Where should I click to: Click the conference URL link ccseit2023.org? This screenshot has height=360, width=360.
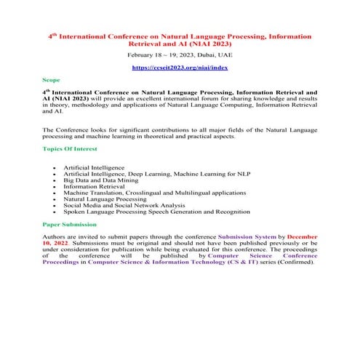coord(180,66)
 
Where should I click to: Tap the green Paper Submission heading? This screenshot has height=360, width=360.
coord(70,225)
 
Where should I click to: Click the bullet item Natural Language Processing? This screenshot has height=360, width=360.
coord(105,198)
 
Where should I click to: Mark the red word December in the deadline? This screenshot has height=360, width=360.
coord(301,237)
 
